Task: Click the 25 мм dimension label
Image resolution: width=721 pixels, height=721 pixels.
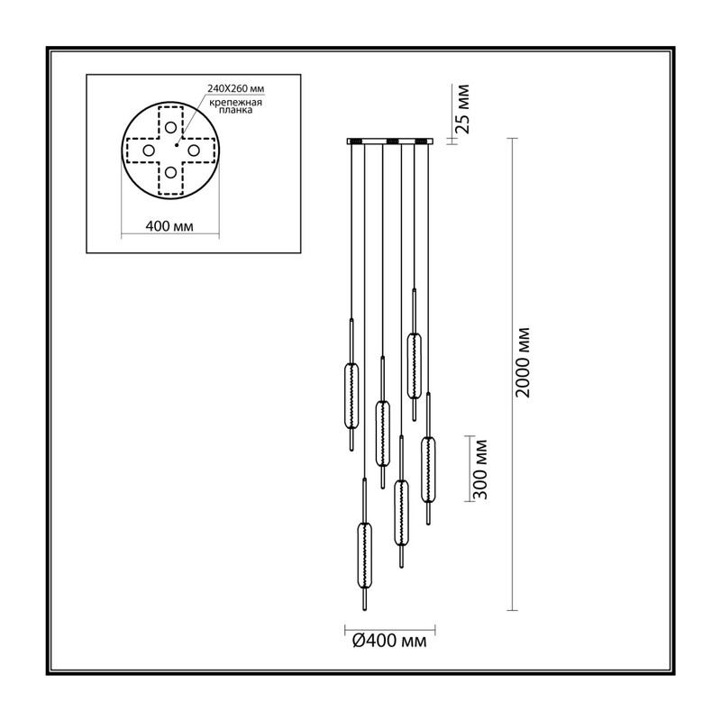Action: tap(464, 109)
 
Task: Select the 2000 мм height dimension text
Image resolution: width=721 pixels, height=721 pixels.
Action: tap(523, 362)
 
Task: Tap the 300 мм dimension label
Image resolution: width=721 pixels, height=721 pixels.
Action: tap(480, 469)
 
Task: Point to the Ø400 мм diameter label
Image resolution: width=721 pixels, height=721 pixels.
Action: tap(389, 641)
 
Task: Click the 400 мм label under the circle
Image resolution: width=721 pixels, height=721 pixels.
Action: tap(169, 226)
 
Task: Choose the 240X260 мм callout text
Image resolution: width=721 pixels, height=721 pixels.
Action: tap(236, 88)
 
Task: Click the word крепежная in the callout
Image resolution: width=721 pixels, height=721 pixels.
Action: tap(235, 103)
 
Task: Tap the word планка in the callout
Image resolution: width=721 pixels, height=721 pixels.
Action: tap(235, 110)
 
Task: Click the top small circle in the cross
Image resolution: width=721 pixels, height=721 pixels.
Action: tap(170, 127)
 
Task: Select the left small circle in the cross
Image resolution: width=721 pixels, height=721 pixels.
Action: tap(148, 151)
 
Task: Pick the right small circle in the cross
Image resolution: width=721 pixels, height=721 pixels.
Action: tap(193, 151)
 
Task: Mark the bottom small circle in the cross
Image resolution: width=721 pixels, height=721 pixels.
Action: tap(170, 172)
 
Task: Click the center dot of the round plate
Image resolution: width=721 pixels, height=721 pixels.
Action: tap(176, 145)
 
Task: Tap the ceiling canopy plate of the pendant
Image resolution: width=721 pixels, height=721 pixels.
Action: tap(390, 141)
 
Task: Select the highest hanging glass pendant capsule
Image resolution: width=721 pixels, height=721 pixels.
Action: tap(414, 366)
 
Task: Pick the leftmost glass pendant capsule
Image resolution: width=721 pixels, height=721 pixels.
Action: tap(351, 397)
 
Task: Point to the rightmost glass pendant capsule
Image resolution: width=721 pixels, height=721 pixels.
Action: tap(428, 470)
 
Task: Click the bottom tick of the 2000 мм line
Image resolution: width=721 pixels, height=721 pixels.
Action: tap(512, 610)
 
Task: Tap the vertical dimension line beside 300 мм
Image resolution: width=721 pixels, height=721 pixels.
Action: tap(470, 468)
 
